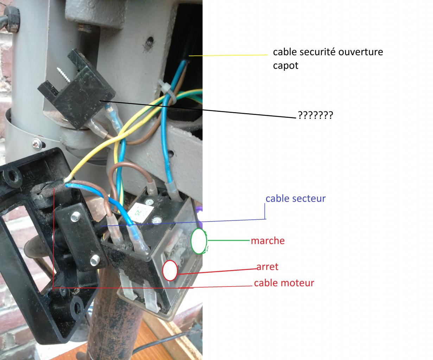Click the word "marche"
coord(268,241)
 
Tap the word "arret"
coord(267,267)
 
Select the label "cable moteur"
coord(284,283)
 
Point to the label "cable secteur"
coord(295,199)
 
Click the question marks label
coord(316,115)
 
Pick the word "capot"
coord(286,66)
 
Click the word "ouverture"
coord(361,52)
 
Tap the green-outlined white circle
coord(199,241)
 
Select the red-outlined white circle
coord(170,271)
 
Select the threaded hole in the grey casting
coord(150,42)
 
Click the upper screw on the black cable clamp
coord(76,217)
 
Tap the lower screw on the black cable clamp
coord(95,260)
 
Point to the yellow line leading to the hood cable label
coord(228,55)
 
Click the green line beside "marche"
coord(229,240)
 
